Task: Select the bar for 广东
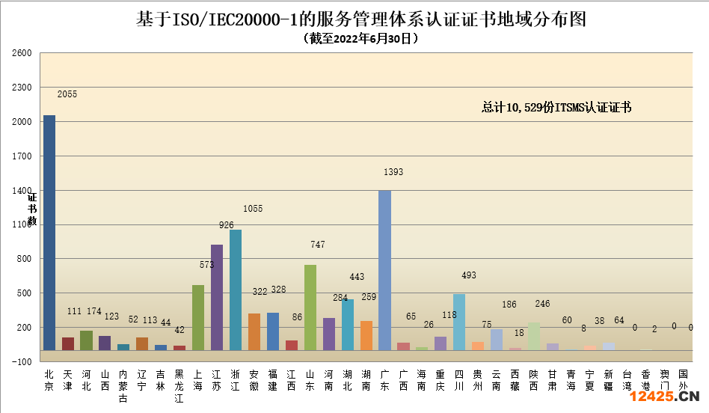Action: click(x=384, y=269)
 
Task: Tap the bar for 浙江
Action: click(x=236, y=290)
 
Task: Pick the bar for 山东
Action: click(x=310, y=307)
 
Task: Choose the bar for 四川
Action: click(x=459, y=322)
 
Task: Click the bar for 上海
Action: click(x=198, y=317)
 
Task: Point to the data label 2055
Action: click(x=67, y=94)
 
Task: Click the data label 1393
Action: click(x=393, y=172)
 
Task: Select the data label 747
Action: click(x=318, y=245)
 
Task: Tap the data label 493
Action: click(x=468, y=275)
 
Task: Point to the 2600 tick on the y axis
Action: click(x=22, y=53)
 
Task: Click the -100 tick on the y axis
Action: click(x=22, y=361)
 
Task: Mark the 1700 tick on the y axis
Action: click(x=22, y=156)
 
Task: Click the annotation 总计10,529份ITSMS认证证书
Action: click(x=556, y=108)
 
